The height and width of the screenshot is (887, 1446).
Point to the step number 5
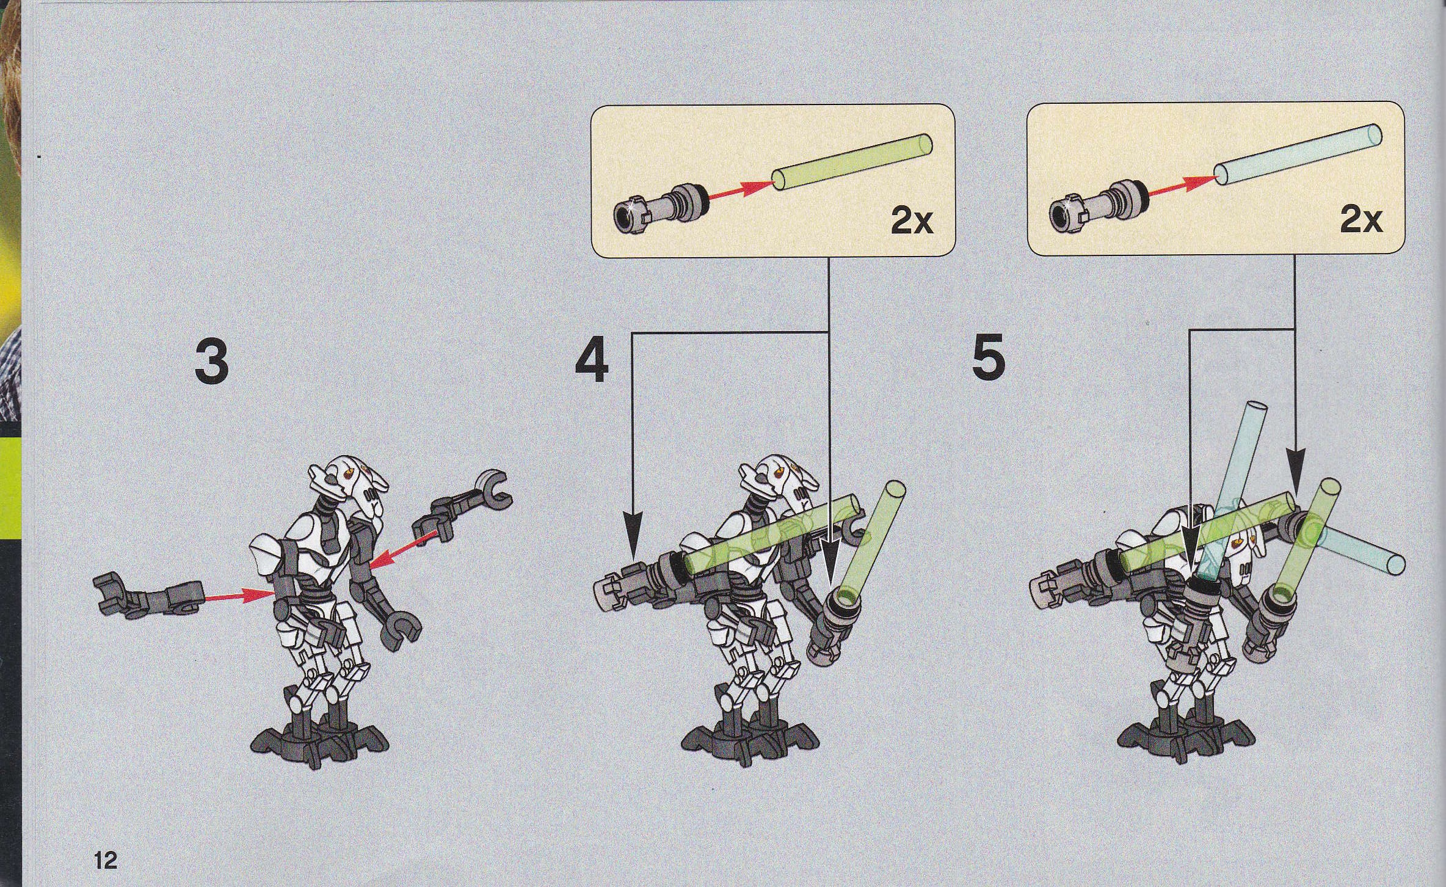pyautogui.click(x=989, y=360)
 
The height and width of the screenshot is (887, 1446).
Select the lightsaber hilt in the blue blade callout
pyautogui.click(x=1098, y=206)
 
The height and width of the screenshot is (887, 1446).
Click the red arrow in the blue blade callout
pyautogui.click(x=1180, y=187)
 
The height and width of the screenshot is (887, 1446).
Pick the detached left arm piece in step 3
pyautogui.click(x=148, y=597)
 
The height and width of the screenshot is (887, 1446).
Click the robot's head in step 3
pyautogui.click(x=349, y=487)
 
